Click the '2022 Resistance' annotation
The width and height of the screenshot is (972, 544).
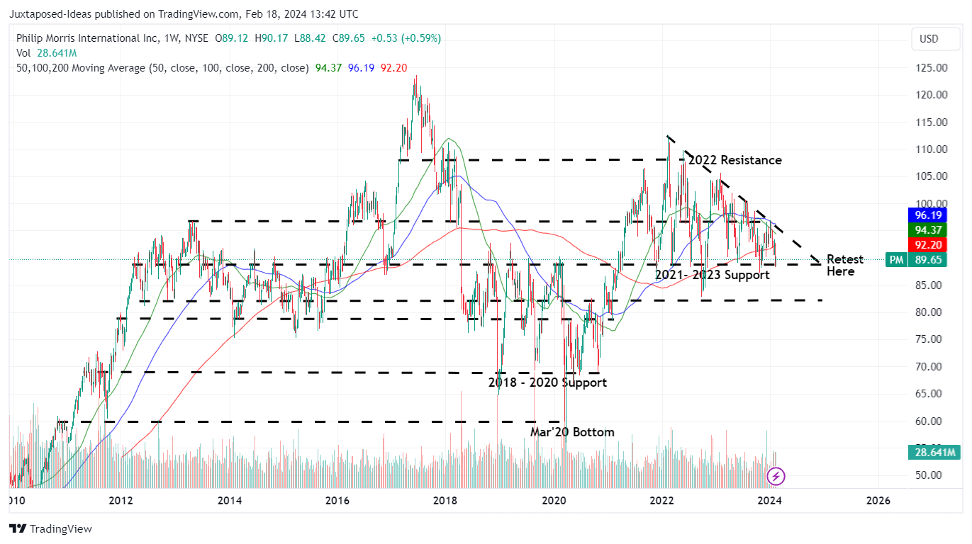pyautogui.click(x=735, y=160)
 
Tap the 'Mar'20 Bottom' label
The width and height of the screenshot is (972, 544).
pyautogui.click(x=572, y=432)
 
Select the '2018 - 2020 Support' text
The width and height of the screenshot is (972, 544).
pyautogui.click(x=547, y=382)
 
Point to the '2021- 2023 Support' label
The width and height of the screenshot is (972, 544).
pyautogui.click(x=712, y=275)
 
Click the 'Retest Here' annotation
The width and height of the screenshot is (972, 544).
pyautogui.click(x=844, y=265)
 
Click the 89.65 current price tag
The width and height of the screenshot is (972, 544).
pyautogui.click(x=926, y=260)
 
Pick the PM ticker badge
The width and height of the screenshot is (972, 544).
pyautogui.click(x=897, y=260)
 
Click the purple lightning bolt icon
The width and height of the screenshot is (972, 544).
pyautogui.click(x=776, y=476)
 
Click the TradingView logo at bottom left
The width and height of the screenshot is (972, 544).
pyautogui.click(x=50, y=528)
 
